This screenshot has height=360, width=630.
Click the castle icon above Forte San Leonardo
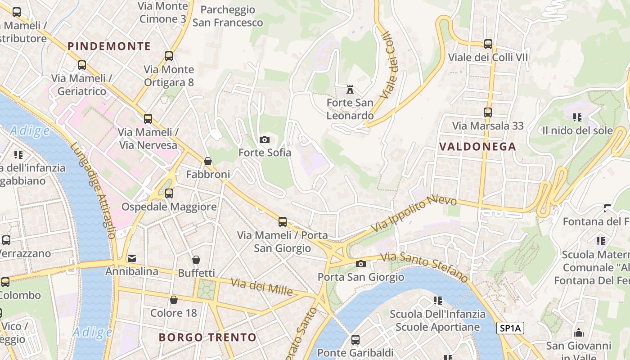tap(350, 89)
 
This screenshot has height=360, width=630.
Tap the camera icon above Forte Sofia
tap(265, 139)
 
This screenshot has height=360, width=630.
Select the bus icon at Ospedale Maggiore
tap(169, 193)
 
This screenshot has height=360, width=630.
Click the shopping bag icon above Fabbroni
tap(208, 161)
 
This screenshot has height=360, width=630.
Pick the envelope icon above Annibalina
tap(132, 258)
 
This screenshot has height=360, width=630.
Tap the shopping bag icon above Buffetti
tap(196, 260)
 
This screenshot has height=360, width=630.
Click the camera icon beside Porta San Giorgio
tap(360, 264)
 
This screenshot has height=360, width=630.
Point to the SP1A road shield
tap(510, 328)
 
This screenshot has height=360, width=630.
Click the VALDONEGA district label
tap(477, 147)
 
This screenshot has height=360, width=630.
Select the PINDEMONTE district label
tap(109, 46)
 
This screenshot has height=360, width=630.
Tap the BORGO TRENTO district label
tap(207, 337)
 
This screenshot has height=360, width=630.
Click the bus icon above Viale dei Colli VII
tap(488, 44)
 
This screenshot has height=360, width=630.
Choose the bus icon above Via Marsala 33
tap(488, 112)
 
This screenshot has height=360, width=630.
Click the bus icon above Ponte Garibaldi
tap(355, 339)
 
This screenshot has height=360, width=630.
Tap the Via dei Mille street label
tap(262, 287)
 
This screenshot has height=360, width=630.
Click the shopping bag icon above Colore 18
tap(174, 300)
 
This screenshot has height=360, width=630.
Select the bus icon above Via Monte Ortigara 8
tap(169, 56)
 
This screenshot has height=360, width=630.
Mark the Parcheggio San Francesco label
tap(228, 16)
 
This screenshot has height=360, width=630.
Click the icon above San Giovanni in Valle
tap(579, 333)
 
